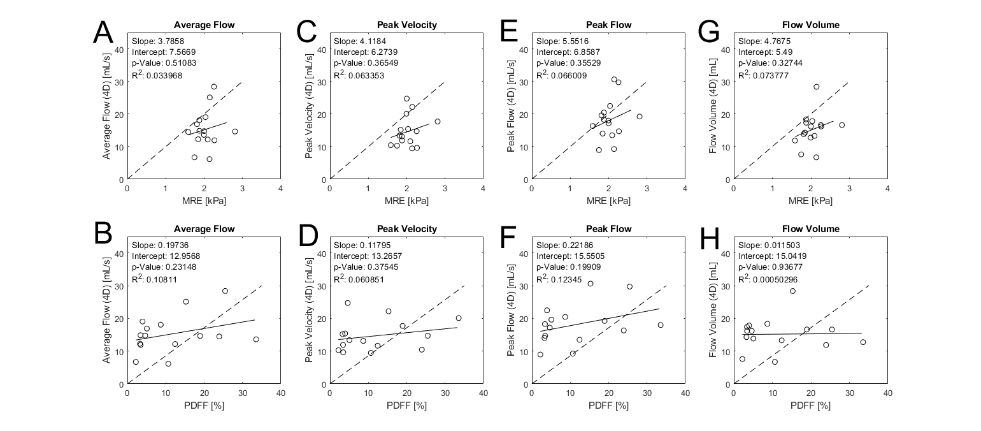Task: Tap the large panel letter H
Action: (709, 237)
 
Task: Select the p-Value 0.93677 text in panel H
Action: (779, 267)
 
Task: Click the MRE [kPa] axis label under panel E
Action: (608, 200)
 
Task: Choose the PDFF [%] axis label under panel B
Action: (204, 405)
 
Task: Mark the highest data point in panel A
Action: (214, 87)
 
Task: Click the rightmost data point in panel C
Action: (438, 121)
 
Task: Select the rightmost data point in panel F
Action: (661, 325)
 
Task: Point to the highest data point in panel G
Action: (816, 87)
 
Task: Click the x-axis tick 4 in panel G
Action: (887, 189)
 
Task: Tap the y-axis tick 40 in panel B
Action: (120, 253)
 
